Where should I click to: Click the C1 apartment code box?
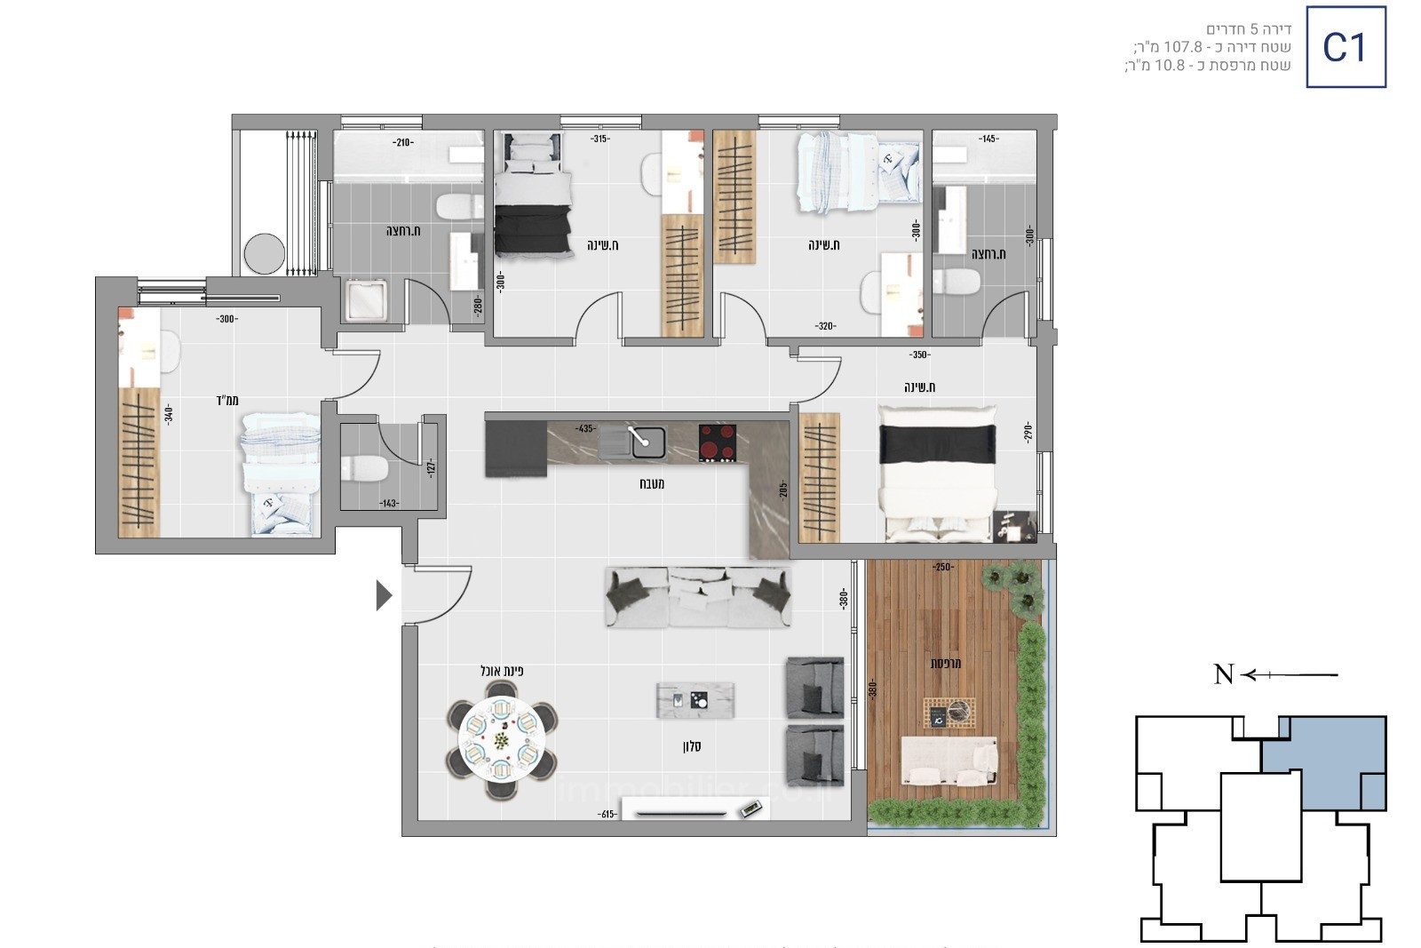point(1346,47)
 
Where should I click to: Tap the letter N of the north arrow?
point(1224,675)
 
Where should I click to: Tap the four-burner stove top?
point(718,442)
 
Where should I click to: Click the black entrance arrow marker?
point(384,595)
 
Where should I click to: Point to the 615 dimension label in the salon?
point(608,814)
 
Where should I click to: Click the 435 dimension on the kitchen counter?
point(584,428)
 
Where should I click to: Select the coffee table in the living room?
point(695,700)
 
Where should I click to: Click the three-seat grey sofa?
point(698,597)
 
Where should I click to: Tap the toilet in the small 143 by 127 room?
point(363,467)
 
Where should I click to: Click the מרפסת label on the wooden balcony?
point(946,663)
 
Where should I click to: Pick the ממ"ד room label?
point(227,400)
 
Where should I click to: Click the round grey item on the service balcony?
point(265,253)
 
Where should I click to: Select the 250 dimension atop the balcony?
point(942,567)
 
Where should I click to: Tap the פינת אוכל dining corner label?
point(502,671)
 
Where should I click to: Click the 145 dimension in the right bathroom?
point(988,139)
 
